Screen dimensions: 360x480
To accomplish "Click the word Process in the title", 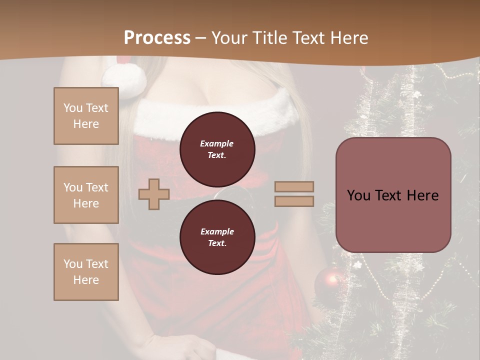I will coord(157,38).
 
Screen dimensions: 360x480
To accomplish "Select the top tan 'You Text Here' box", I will coord(86,116).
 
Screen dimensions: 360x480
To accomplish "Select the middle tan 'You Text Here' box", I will coord(86,195).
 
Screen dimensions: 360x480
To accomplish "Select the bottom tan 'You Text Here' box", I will coord(86,272).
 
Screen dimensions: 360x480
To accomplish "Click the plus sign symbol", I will coord(154,194).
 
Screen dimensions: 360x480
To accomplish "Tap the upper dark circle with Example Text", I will coord(217,149).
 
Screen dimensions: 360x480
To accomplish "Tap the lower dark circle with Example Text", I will coord(217,237).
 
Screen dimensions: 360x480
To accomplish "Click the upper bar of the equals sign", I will coord(294,187).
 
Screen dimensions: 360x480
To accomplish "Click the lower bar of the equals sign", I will coord(294,201).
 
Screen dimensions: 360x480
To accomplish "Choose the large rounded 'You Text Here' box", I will coord(393,195).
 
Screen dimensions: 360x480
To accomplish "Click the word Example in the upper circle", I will coord(217,143).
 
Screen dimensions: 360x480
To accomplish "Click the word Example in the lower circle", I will coord(217,231).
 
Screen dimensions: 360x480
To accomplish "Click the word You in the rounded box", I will coord(358,195).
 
